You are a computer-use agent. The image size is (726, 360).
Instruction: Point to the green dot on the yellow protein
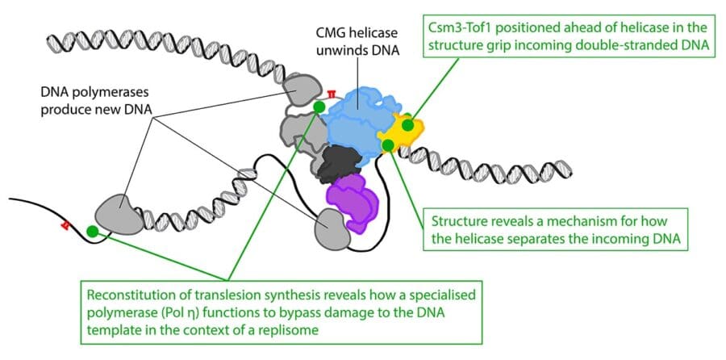pos(408,124)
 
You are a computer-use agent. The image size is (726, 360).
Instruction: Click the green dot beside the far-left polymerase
pos(92,232)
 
